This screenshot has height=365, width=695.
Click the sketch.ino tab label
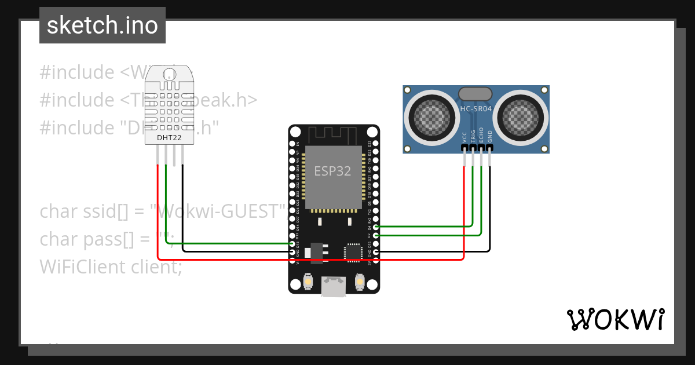pos(102,25)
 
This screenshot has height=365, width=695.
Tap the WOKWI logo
pos(615,319)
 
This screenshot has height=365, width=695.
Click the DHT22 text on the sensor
pos(169,138)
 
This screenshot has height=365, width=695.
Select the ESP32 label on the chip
pos(333,171)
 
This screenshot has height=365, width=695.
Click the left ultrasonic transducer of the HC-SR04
pos(429,115)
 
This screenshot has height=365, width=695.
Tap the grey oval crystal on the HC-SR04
pos(475,94)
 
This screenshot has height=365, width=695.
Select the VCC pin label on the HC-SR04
pos(464,137)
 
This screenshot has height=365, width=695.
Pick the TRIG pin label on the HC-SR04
pos(473,136)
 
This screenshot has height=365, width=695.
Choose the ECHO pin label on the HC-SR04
pos(481,136)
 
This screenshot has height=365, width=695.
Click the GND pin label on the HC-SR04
pos(490,137)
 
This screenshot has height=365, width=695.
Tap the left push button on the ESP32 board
pos(309,282)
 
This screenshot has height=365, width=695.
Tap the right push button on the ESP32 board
pos(359,282)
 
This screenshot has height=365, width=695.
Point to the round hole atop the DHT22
pos(169,75)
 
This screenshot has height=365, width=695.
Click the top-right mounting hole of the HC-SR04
pos(544,90)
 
